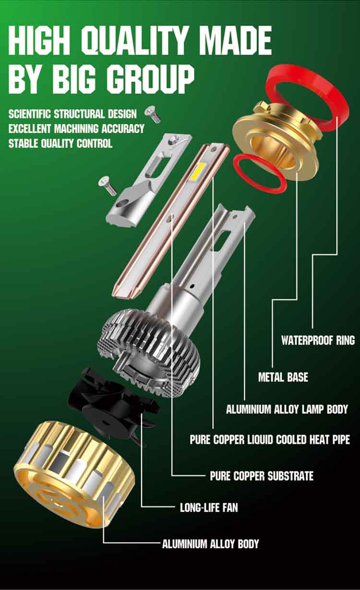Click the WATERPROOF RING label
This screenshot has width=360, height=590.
pos(318,341)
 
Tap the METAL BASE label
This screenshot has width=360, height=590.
pos(283,377)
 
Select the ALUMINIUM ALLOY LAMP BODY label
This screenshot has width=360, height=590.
pos(287,410)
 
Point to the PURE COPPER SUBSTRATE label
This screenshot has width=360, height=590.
pos(262,476)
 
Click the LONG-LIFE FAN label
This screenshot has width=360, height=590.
pos(209,507)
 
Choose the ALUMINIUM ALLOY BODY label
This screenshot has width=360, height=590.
pos(210,544)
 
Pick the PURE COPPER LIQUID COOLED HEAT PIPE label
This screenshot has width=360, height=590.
pos(270,439)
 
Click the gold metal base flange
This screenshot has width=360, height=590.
pos(276,139)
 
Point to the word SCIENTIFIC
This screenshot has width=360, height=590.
pos(30,114)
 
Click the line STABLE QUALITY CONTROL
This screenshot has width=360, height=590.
pos(60,143)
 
